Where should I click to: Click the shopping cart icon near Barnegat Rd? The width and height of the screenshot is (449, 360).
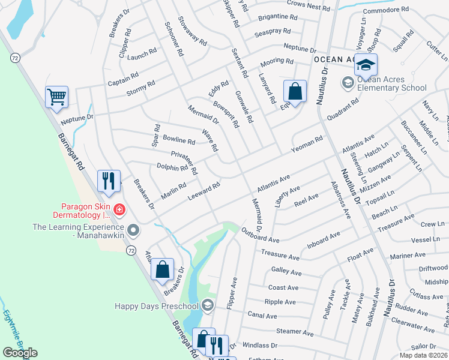pos(56,97)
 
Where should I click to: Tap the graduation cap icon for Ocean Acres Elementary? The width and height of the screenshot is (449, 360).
pos(365,64)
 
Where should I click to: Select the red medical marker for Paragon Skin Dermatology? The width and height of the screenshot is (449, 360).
pos(119,209)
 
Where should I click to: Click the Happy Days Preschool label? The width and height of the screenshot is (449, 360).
pos(157,306)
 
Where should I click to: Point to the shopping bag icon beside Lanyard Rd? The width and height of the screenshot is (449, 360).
pos(295,92)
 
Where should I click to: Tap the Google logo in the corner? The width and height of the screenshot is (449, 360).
pos(20,353)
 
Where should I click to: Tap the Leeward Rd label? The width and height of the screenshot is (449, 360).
pos(204,191)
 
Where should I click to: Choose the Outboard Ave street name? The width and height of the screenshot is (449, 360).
pos(261,235)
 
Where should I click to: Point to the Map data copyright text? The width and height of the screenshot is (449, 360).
pos(423,355)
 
